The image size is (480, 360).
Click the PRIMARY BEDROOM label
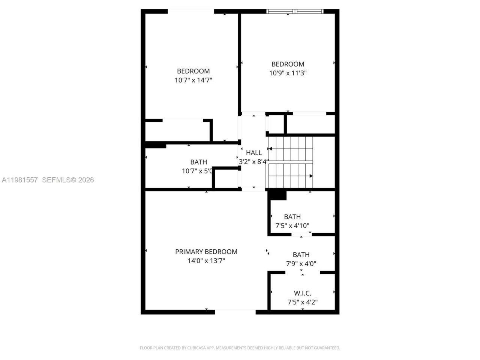click(x=206, y=252)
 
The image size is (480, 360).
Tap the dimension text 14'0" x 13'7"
click(x=206, y=261)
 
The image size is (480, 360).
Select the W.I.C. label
click(x=302, y=293)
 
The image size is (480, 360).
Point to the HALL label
click(x=254, y=153)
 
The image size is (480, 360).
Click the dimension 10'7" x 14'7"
click(x=193, y=80)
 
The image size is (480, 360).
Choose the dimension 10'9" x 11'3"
click(x=288, y=73)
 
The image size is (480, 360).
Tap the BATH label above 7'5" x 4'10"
click(x=292, y=217)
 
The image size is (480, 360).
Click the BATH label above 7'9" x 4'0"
click(x=301, y=255)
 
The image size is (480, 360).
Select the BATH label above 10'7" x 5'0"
click(x=198, y=162)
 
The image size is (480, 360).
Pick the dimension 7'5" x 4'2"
click(x=302, y=302)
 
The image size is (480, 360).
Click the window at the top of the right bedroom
click(x=295, y=11)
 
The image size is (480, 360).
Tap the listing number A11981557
click(x=19, y=180)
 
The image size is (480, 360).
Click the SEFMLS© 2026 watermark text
click(x=68, y=180)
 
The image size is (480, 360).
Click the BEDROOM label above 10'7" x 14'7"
click(x=193, y=71)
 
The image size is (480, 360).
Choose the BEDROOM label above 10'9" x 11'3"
click(x=288, y=64)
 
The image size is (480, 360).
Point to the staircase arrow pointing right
click(x=311, y=176)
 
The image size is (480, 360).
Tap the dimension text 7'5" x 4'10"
click(x=292, y=226)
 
